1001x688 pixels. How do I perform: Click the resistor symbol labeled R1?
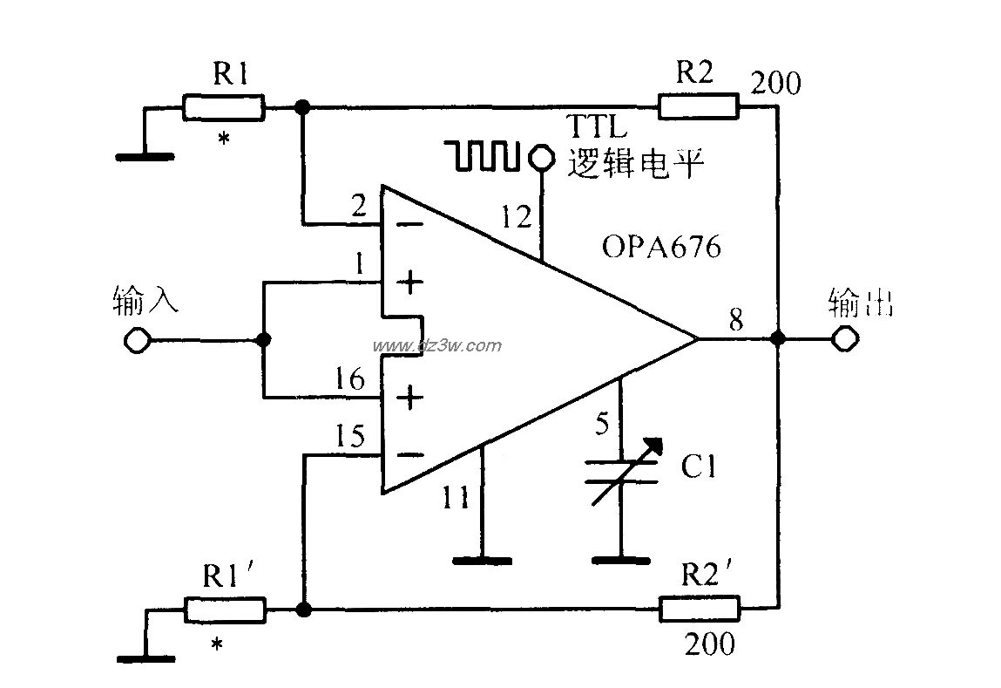tap(223, 108)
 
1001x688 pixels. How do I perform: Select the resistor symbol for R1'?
tap(224, 609)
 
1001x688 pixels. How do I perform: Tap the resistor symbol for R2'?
tap(700, 609)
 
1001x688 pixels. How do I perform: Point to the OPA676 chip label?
tap(661, 248)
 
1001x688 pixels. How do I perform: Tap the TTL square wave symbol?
tap(484, 155)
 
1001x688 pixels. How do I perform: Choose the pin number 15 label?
tap(349, 436)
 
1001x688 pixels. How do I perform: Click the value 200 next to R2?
tap(775, 84)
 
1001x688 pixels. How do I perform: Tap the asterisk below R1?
tap(224, 139)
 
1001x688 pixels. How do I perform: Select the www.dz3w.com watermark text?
tap(459, 345)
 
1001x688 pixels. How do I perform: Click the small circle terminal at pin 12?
tap(541, 157)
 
